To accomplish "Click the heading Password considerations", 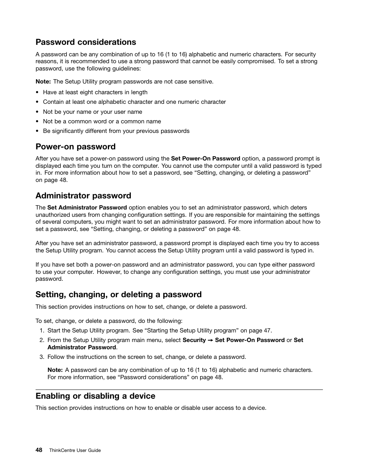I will (x=86, y=42).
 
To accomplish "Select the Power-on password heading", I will (x=75, y=147).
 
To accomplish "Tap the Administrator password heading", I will (x=83, y=196).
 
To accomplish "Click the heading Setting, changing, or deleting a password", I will (x=118, y=295).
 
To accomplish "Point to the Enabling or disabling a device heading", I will (x=95, y=396).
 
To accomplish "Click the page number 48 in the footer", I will (x=39, y=450).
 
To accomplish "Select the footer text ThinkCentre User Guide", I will (x=75, y=450).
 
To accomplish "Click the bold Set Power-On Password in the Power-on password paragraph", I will (x=205, y=159).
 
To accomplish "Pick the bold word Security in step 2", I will (x=194, y=340).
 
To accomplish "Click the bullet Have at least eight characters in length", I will (x=95, y=92).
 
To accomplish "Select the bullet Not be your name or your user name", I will (x=92, y=112).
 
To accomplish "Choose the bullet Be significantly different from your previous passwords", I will (x=116, y=131).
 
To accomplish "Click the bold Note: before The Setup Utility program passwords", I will (x=43, y=82).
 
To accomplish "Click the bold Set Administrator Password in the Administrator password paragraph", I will (x=87, y=208).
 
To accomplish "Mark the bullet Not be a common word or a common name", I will (x=102, y=121).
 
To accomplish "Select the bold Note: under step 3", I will (x=55, y=370).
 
